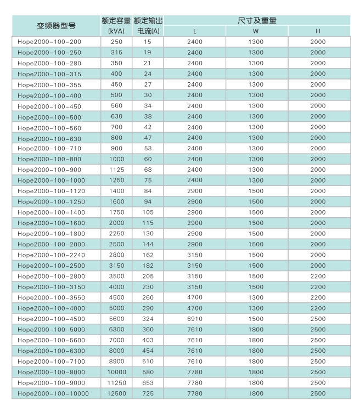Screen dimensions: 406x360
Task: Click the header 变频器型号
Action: coord(56,26)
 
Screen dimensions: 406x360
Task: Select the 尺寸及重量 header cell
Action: coord(256,20)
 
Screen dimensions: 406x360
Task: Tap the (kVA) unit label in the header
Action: coord(117,31)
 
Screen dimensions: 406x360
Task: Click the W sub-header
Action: coord(256,31)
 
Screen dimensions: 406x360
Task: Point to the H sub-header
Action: coord(318,31)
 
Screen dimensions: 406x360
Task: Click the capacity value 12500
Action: coord(117,393)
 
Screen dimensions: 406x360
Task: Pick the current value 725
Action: coord(148,393)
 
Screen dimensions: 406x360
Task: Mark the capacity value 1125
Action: coord(117,170)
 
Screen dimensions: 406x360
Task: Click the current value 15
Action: coord(148,42)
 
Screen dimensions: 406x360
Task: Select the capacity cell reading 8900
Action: coord(117,362)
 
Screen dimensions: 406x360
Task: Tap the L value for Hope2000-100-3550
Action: coord(195,298)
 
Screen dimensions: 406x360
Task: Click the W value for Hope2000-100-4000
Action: coord(256,308)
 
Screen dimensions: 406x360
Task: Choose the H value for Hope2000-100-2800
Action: coord(318,277)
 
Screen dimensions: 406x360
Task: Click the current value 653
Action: coord(148,383)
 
